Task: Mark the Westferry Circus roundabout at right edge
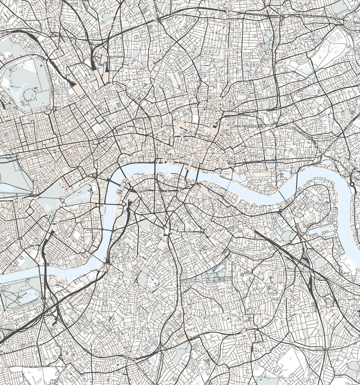tap(353, 185)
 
